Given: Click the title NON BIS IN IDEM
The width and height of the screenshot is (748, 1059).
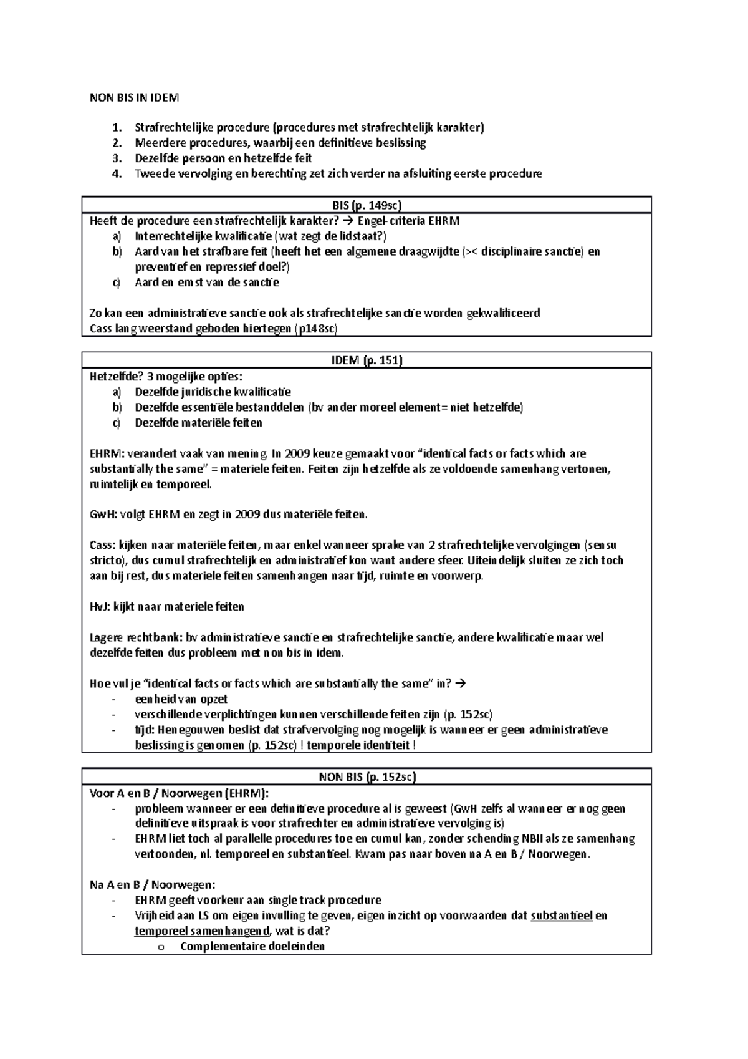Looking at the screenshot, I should pyautogui.click(x=134, y=97).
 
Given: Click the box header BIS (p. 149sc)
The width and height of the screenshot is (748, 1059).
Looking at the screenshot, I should pyautogui.click(x=366, y=205).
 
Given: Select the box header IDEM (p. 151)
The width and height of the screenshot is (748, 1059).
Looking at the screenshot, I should pyautogui.click(x=366, y=361).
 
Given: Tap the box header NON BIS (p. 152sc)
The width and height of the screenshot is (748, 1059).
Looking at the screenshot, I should pyautogui.click(x=366, y=777).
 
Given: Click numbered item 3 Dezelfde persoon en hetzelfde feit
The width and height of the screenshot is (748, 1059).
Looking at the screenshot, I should pyautogui.click(x=223, y=158).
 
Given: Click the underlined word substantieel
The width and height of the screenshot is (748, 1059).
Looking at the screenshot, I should pyautogui.click(x=561, y=916).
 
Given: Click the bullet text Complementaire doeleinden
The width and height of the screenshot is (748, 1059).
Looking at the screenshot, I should pyautogui.click(x=252, y=947).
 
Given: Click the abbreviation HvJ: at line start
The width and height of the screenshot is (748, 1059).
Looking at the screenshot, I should pyautogui.click(x=100, y=607).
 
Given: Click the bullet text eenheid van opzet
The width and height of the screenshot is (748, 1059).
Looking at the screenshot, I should pyautogui.click(x=181, y=699).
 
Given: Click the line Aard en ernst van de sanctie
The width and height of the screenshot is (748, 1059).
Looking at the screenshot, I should pyautogui.click(x=206, y=283).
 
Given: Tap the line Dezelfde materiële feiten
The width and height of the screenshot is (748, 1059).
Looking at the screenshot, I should pyautogui.click(x=198, y=423).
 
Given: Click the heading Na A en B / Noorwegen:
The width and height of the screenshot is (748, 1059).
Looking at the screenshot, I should pyautogui.click(x=152, y=885).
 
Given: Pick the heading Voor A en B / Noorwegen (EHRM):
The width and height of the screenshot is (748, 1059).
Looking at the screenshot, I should pyautogui.click(x=180, y=793).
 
